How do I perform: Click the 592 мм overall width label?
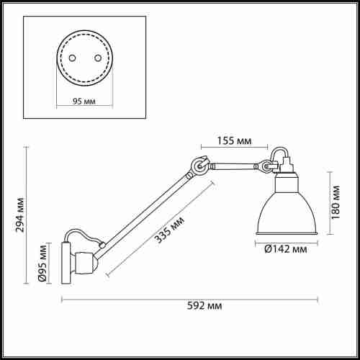tap(204, 306)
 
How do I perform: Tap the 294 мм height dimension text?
tap(19, 215)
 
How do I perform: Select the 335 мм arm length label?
tap(169, 230)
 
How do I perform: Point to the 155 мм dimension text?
tap(234, 140)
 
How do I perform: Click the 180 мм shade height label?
tap(336, 202)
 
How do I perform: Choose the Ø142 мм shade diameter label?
tap(286, 249)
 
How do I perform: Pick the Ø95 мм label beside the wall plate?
tap(42, 263)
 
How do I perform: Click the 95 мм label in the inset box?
tap(84, 102)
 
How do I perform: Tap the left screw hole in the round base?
tap(72, 58)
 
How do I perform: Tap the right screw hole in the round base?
tap(98, 58)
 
